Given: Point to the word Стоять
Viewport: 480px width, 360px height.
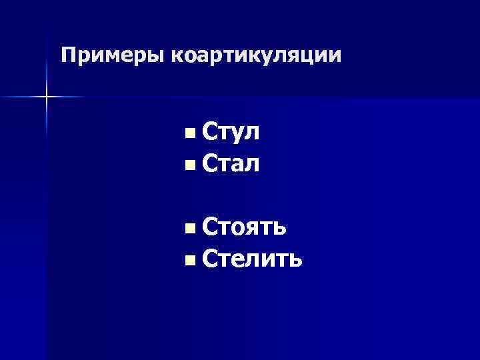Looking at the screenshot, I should (245, 227).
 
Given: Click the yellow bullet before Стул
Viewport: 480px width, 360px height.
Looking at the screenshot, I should (191, 134).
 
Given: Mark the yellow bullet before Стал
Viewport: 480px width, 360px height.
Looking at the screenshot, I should (191, 163).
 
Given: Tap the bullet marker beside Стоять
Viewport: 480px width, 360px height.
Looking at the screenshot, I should (191, 229).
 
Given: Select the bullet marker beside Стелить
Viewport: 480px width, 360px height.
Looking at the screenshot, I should (191, 258).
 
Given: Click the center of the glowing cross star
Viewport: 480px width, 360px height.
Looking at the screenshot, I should (47, 97).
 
